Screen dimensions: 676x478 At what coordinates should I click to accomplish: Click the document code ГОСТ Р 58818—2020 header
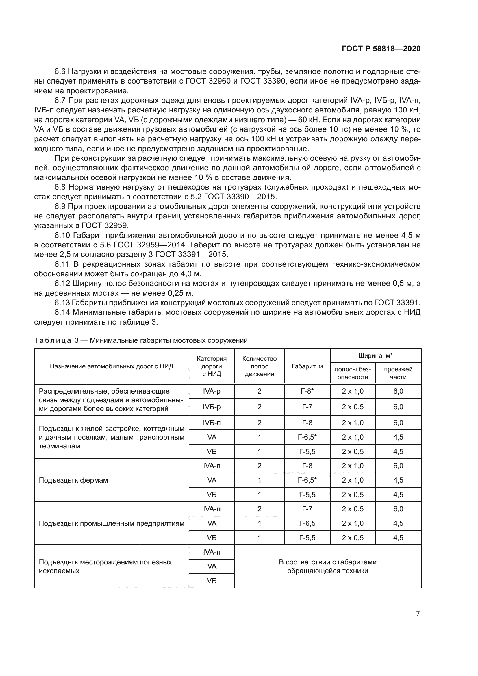(381, 49)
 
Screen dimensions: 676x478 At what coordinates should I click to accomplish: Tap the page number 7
(418, 614)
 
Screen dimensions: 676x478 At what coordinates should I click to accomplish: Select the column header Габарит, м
(307, 366)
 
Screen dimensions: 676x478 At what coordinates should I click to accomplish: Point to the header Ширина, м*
(375, 356)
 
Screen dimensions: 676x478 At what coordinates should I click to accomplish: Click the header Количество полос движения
(259, 366)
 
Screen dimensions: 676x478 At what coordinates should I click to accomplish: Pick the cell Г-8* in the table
(307, 391)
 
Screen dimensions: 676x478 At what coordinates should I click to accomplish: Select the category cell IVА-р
(211, 391)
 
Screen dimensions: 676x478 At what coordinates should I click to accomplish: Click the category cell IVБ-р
(211, 407)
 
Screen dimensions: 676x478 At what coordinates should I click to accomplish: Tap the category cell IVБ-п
(211, 423)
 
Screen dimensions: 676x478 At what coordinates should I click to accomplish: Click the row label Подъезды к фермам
(73, 480)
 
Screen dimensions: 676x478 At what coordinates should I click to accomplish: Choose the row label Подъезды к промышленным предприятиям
(112, 523)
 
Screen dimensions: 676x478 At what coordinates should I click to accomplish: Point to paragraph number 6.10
(62, 236)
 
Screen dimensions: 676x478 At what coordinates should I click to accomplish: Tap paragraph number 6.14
(62, 312)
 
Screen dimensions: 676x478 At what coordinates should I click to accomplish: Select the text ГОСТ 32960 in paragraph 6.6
(208, 81)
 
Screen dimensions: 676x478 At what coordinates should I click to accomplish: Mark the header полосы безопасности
(353, 373)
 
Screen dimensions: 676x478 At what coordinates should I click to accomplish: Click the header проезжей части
(398, 373)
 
